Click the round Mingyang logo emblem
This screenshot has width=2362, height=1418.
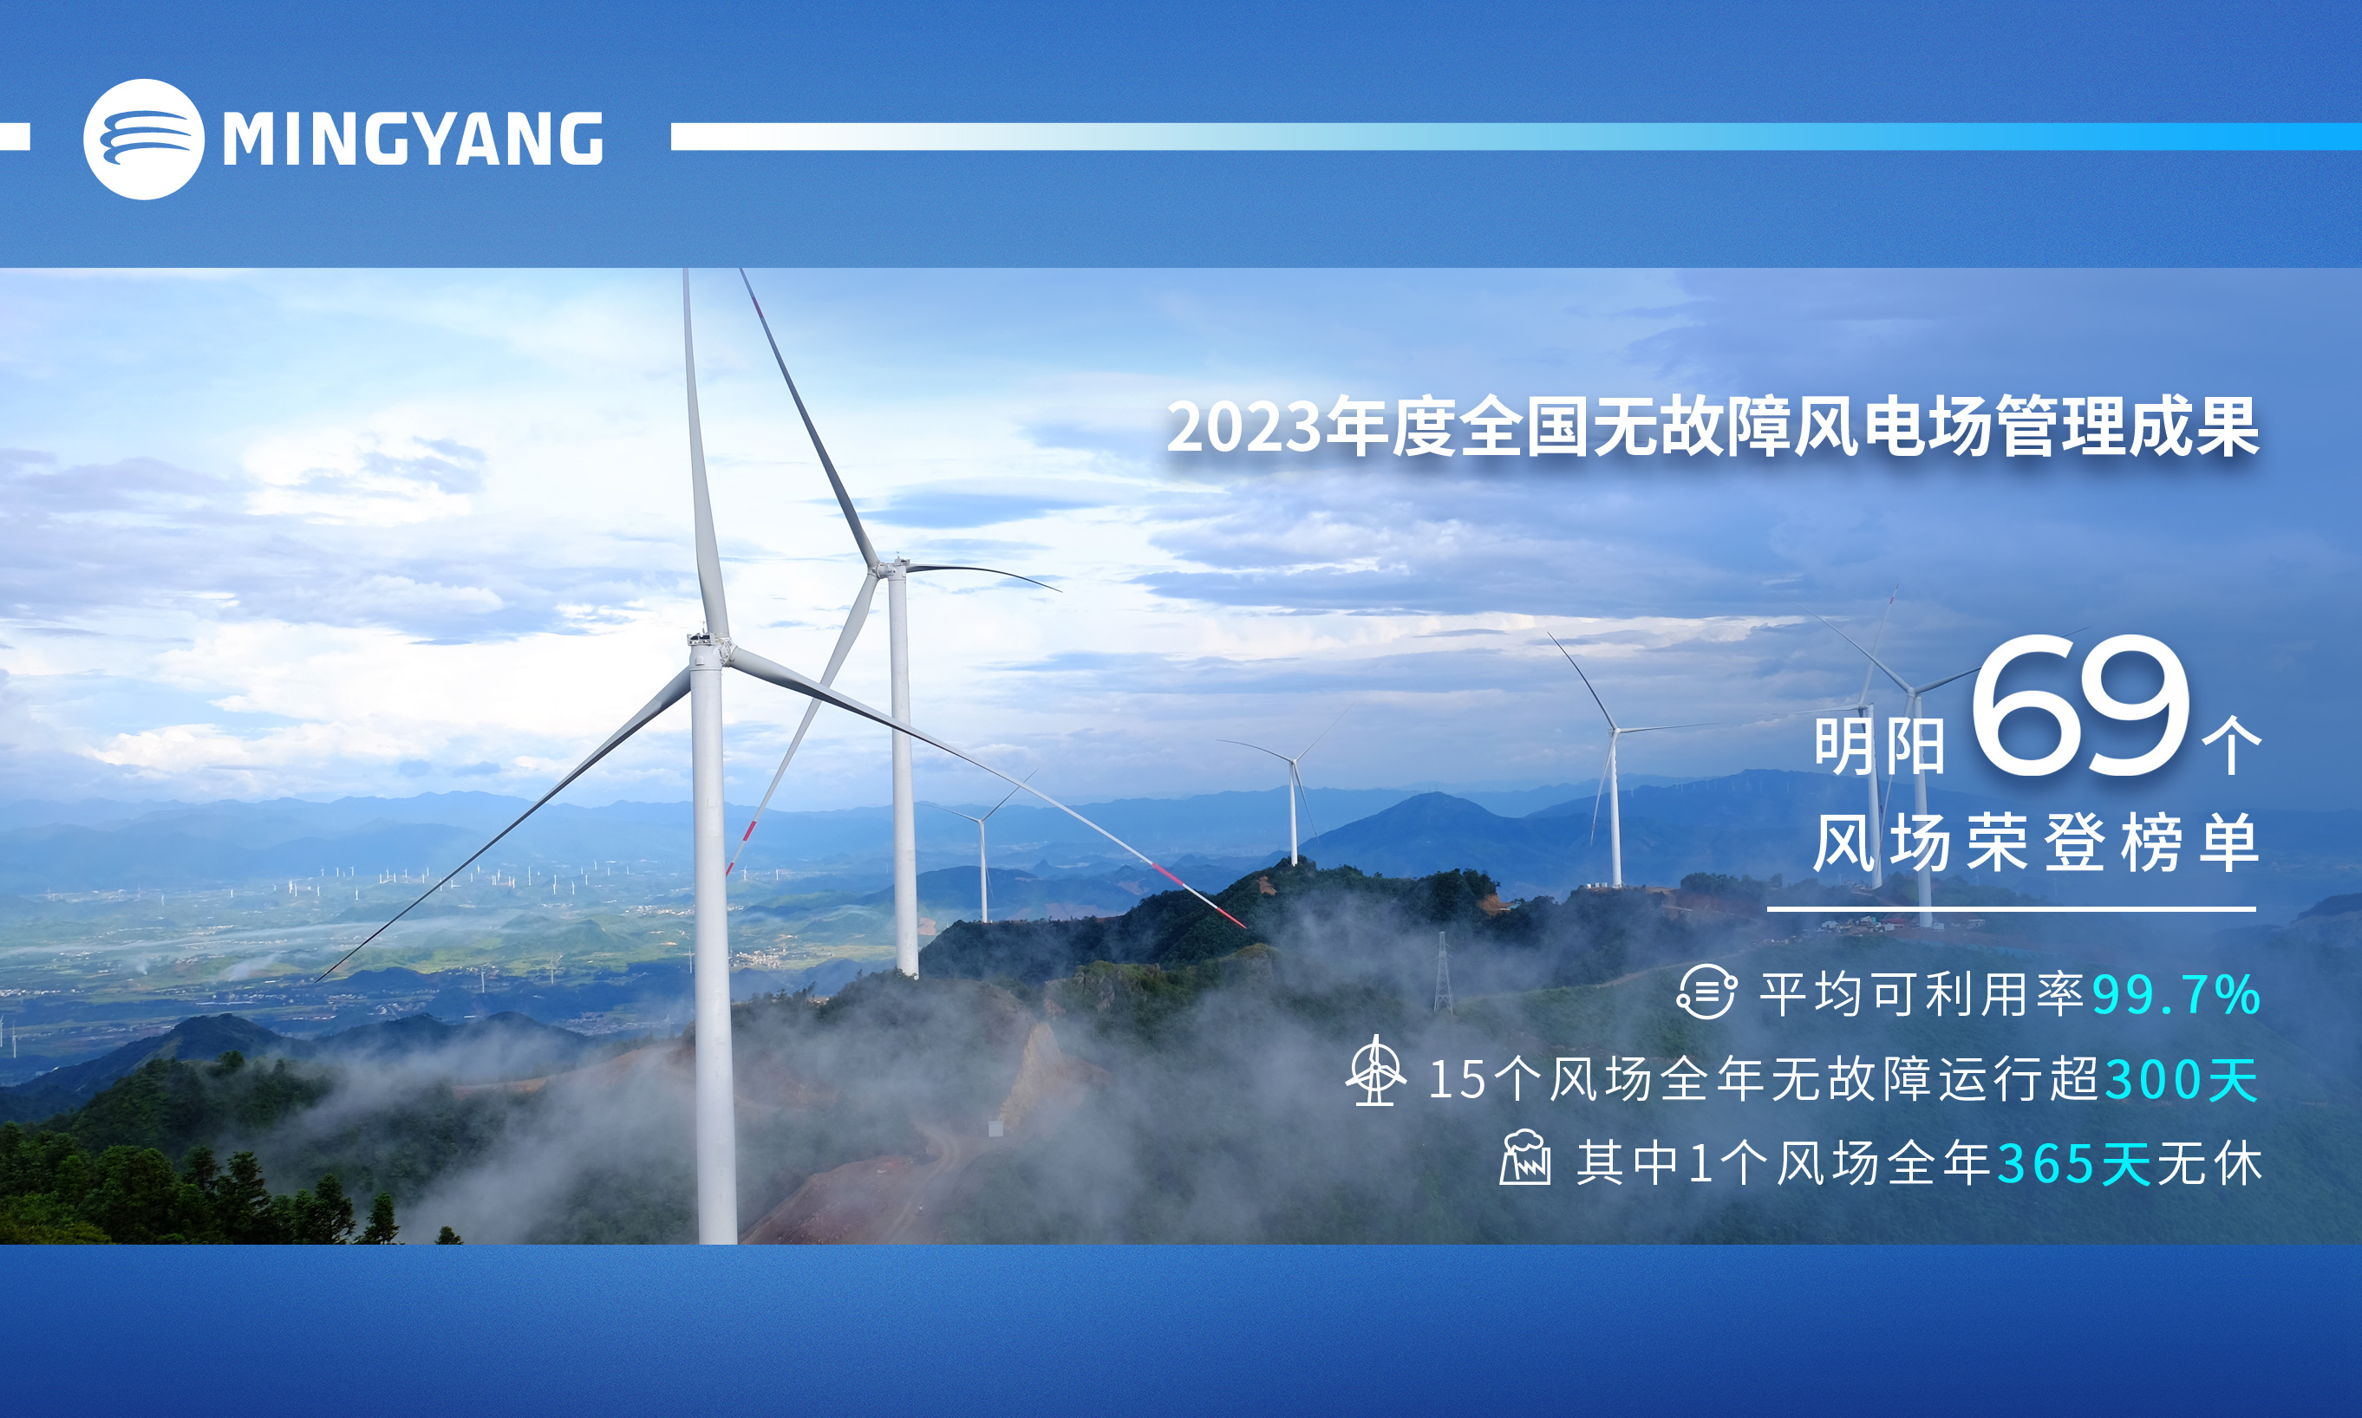point(143,140)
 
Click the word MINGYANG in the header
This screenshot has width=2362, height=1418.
point(413,140)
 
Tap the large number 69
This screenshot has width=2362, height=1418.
point(2080,706)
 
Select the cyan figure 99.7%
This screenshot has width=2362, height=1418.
point(2176,995)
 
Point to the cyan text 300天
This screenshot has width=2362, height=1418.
point(2183,1080)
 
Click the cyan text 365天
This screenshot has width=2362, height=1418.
point(2075,1164)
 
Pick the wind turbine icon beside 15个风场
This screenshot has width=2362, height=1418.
point(1375,1070)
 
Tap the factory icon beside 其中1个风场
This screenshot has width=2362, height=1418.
point(1524,1157)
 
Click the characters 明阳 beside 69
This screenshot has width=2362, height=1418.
point(1879,746)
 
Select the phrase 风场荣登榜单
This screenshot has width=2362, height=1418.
point(2036,842)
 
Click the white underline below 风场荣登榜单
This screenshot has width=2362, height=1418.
point(2011,908)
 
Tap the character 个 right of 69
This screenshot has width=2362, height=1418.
point(2231,748)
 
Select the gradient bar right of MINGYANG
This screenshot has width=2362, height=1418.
point(1516,137)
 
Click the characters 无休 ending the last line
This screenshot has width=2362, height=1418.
point(2209,1164)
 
